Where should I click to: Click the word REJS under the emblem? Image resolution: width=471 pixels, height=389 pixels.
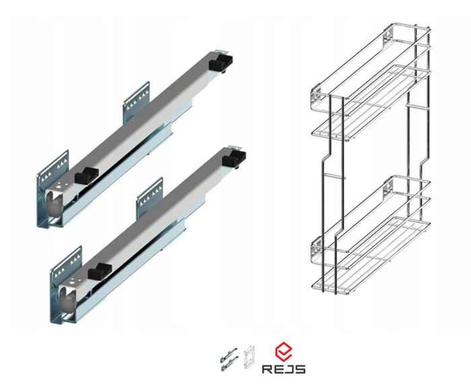[x=284, y=369]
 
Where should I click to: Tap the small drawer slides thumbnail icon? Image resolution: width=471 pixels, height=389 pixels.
[x=229, y=359]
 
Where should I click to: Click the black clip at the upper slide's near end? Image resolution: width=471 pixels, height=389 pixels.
[x=87, y=175]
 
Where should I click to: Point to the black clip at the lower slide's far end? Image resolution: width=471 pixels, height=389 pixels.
[x=234, y=157]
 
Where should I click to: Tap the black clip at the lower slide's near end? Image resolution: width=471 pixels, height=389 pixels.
[x=100, y=271]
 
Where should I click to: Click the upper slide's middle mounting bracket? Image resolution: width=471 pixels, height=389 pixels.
[x=137, y=102]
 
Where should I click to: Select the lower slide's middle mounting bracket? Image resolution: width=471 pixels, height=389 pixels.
[x=149, y=198]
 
